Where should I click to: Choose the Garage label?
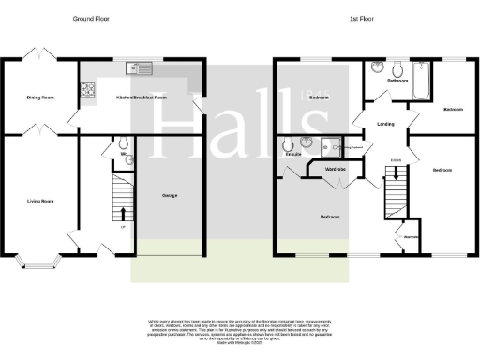[x=170, y=195]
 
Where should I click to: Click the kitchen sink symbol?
[x=140, y=67]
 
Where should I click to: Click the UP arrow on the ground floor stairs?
[x=123, y=226]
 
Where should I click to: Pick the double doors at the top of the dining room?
[x=38, y=53]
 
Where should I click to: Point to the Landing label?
[x=384, y=123]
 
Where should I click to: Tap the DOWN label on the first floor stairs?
[x=396, y=160]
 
